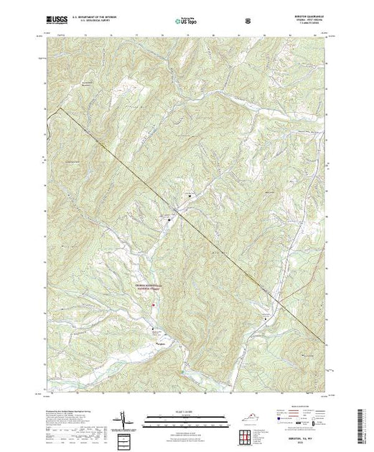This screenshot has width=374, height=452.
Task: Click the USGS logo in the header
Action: click(x=58, y=22)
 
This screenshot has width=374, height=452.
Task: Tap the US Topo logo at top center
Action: click(x=187, y=22)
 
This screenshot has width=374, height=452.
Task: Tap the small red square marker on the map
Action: click(x=153, y=307)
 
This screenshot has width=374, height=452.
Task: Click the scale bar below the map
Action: click(x=187, y=417)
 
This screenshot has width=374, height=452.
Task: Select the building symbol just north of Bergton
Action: click(x=153, y=328)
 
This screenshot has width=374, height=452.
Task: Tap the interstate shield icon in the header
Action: click(x=248, y=22)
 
